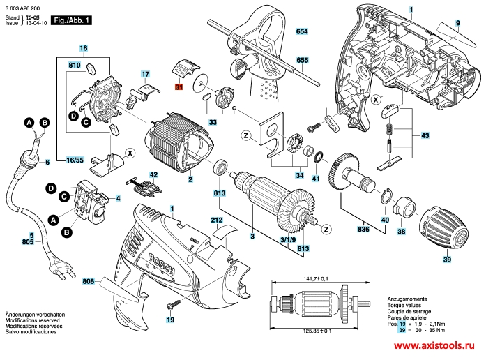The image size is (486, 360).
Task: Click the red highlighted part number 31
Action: coord(179,87)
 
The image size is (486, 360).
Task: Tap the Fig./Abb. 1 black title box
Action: coord(71,20)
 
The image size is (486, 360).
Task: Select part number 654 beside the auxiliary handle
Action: coord(302,31)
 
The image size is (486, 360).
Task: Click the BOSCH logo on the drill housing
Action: coord(161,264)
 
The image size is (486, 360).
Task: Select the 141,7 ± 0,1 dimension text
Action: coord(315,279)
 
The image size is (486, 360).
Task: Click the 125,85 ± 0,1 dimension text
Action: coord(317,331)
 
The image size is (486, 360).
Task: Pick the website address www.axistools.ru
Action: coord(434,345)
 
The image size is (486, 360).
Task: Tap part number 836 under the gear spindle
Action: coord(363,229)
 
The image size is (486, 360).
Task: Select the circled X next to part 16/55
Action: coord(130,153)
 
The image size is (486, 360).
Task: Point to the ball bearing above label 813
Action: coord(220,167)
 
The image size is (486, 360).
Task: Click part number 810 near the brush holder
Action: coord(75,65)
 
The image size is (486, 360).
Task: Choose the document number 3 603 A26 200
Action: coord(22,8)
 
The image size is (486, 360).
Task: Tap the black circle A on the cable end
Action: coord(29,123)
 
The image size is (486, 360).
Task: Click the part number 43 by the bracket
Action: coord(425,135)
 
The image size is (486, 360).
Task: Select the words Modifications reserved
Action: coord(32,320)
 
